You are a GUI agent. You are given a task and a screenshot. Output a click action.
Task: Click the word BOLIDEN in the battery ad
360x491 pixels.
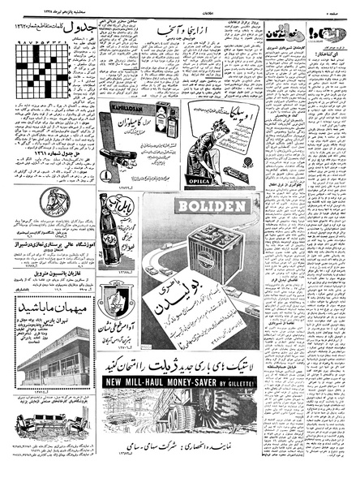coord(208,206)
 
